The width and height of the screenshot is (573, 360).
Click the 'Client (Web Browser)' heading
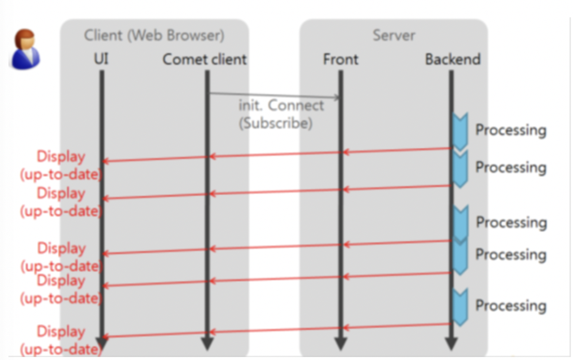point(154,35)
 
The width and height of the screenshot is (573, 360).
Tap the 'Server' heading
point(394,35)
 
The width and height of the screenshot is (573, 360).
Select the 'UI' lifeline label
point(101,59)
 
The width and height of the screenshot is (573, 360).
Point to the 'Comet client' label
point(205,59)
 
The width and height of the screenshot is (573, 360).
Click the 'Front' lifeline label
point(341,59)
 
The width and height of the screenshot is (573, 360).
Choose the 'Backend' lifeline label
point(452,59)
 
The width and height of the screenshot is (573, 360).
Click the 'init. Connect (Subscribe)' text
point(281,115)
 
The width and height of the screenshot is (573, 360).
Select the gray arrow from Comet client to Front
point(274,95)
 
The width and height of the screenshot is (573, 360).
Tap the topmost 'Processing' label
point(511,130)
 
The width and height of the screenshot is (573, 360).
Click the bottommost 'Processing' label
point(511,306)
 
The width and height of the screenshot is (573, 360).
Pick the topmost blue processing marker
point(459,132)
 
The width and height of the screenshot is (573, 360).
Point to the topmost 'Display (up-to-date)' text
point(61,166)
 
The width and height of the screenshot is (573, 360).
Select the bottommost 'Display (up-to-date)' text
point(61,341)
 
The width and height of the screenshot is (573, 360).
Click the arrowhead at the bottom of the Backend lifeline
point(451,343)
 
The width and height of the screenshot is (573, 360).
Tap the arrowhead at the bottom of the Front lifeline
point(340,343)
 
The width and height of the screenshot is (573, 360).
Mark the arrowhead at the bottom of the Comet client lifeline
point(207,343)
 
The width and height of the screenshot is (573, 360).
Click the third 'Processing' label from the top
point(511,223)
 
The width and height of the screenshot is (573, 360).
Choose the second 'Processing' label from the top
point(511,168)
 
